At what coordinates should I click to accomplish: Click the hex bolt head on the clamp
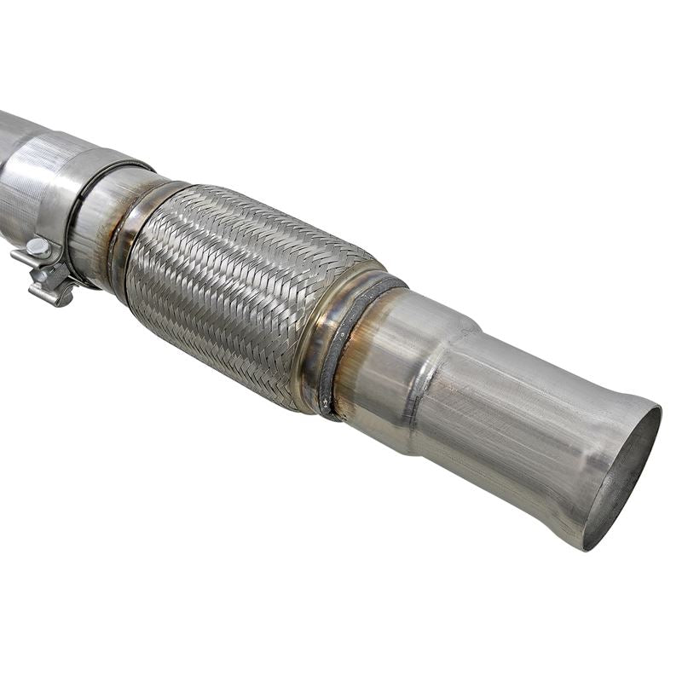[37, 247]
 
